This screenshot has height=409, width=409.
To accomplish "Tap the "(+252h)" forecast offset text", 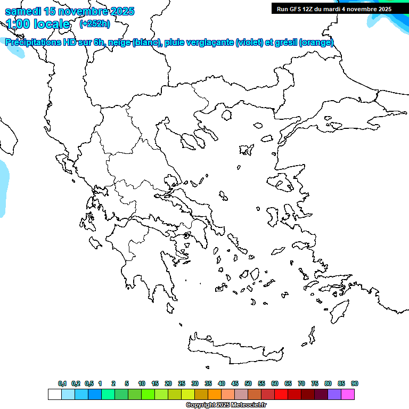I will (x=95, y=23).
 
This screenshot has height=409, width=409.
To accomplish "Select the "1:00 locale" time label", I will (x=38, y=24).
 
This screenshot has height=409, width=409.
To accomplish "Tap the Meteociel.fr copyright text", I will (x=226, y=405).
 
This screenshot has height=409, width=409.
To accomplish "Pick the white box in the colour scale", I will (x=54, y=394).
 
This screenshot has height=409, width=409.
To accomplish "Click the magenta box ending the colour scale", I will (x=348, y=394).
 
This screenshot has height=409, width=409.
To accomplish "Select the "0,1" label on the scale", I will (x=62, y=383).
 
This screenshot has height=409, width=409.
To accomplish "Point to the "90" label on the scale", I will (x=355, y=383).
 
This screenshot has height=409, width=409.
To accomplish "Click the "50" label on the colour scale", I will (x=248, y=383).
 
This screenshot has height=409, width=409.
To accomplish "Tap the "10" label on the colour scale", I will (x=142, y=383).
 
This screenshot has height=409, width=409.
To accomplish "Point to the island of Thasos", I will (x=226, y=114).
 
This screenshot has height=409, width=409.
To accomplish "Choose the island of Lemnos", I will (x=246, y=149).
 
